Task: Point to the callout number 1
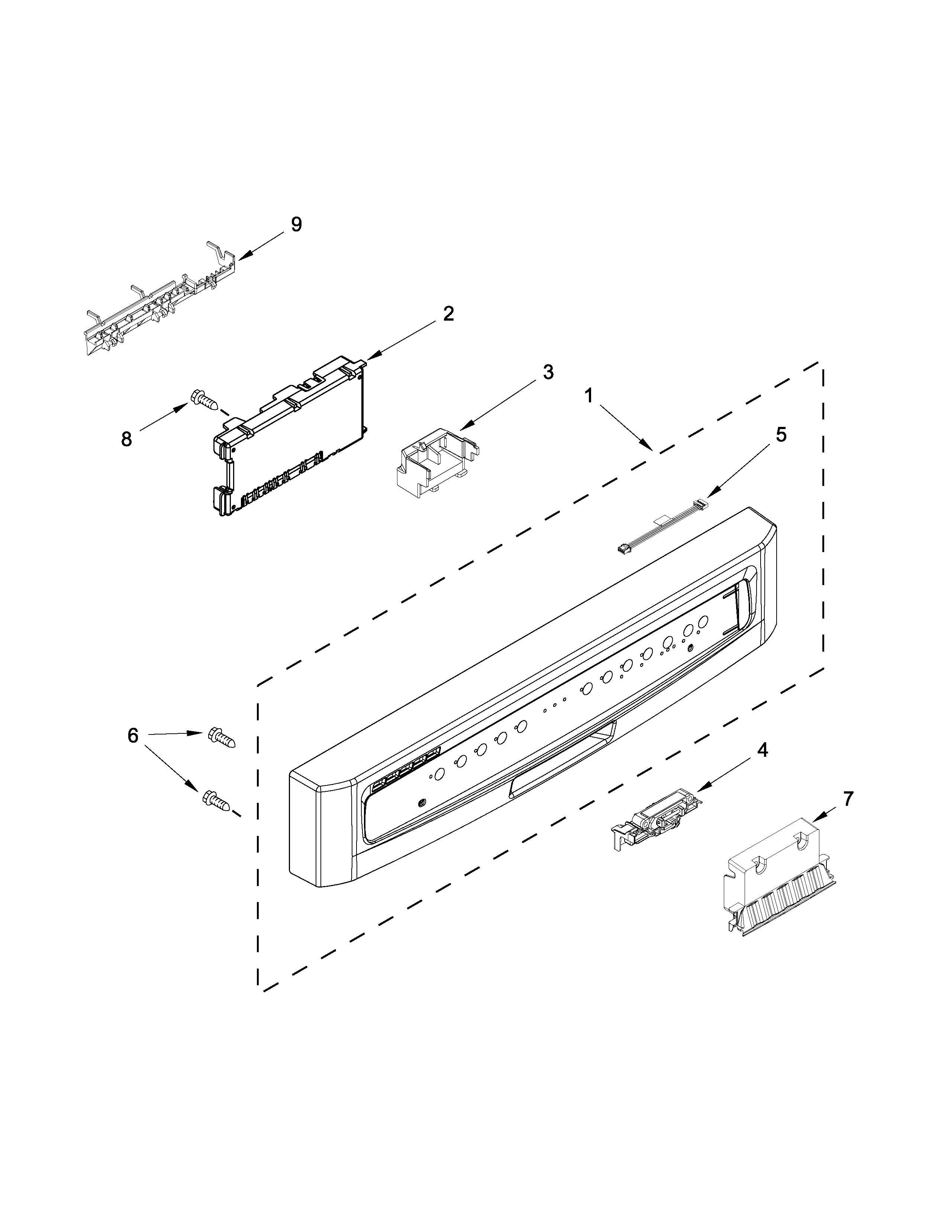[589, 397]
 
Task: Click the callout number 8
[126, 439]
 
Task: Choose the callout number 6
[133, 735]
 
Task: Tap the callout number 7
[848, 798]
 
